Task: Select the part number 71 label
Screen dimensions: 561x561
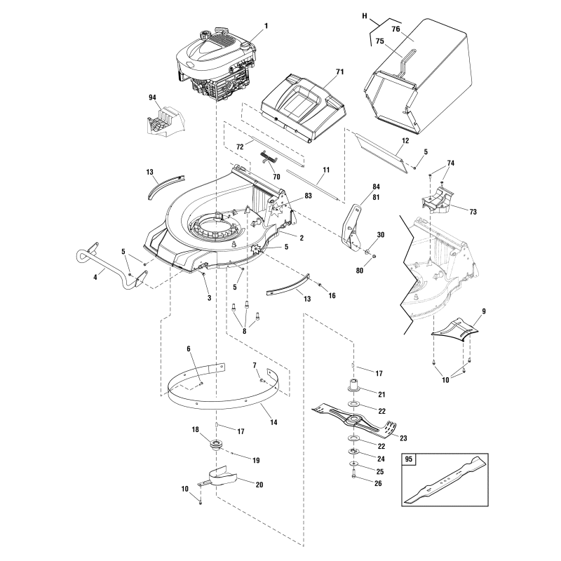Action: [x=340, y=73]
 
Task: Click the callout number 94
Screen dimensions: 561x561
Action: [x=153, y=97]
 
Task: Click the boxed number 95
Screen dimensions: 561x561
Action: [x=410, y=461]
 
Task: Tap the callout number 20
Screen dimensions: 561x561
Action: [x=239, y=485]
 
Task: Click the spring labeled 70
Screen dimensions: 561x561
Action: [x=268, y=156]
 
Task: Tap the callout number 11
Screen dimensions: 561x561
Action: [x=325, y=170]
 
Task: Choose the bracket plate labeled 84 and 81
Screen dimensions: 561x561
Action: [x=353, y=224]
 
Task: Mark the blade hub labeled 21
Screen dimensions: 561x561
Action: [x=353, y=386]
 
